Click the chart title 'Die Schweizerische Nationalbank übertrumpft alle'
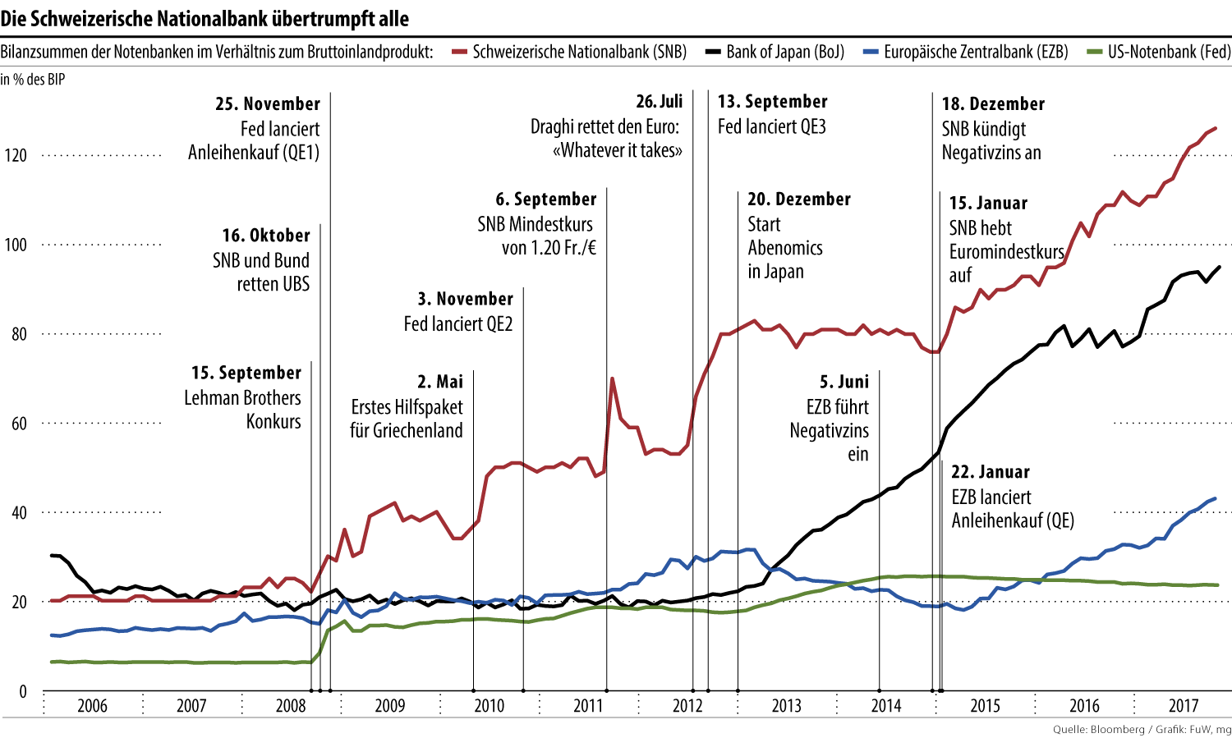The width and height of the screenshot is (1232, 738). [205, 18]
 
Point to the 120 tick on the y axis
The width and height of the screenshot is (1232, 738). [16, 155]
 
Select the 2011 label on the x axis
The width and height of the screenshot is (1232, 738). [588, 706]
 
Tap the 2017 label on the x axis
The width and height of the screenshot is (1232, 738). [1184, 706]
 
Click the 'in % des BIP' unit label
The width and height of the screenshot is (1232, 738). [33, 80]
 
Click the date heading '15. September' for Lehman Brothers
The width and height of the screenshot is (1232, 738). [246, 373]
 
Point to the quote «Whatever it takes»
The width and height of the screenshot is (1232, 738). [618, 150]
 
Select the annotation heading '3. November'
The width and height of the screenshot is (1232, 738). [465, 299]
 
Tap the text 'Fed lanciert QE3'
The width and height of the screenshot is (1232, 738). [771, 126]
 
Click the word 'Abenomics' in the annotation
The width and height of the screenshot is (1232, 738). [784, 248]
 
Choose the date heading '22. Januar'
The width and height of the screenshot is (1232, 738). [990, 472]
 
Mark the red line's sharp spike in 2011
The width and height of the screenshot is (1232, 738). [613, 379]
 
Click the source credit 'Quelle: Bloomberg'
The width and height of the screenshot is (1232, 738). [1098, 730]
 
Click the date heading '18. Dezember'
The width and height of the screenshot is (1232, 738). [993, 104]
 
